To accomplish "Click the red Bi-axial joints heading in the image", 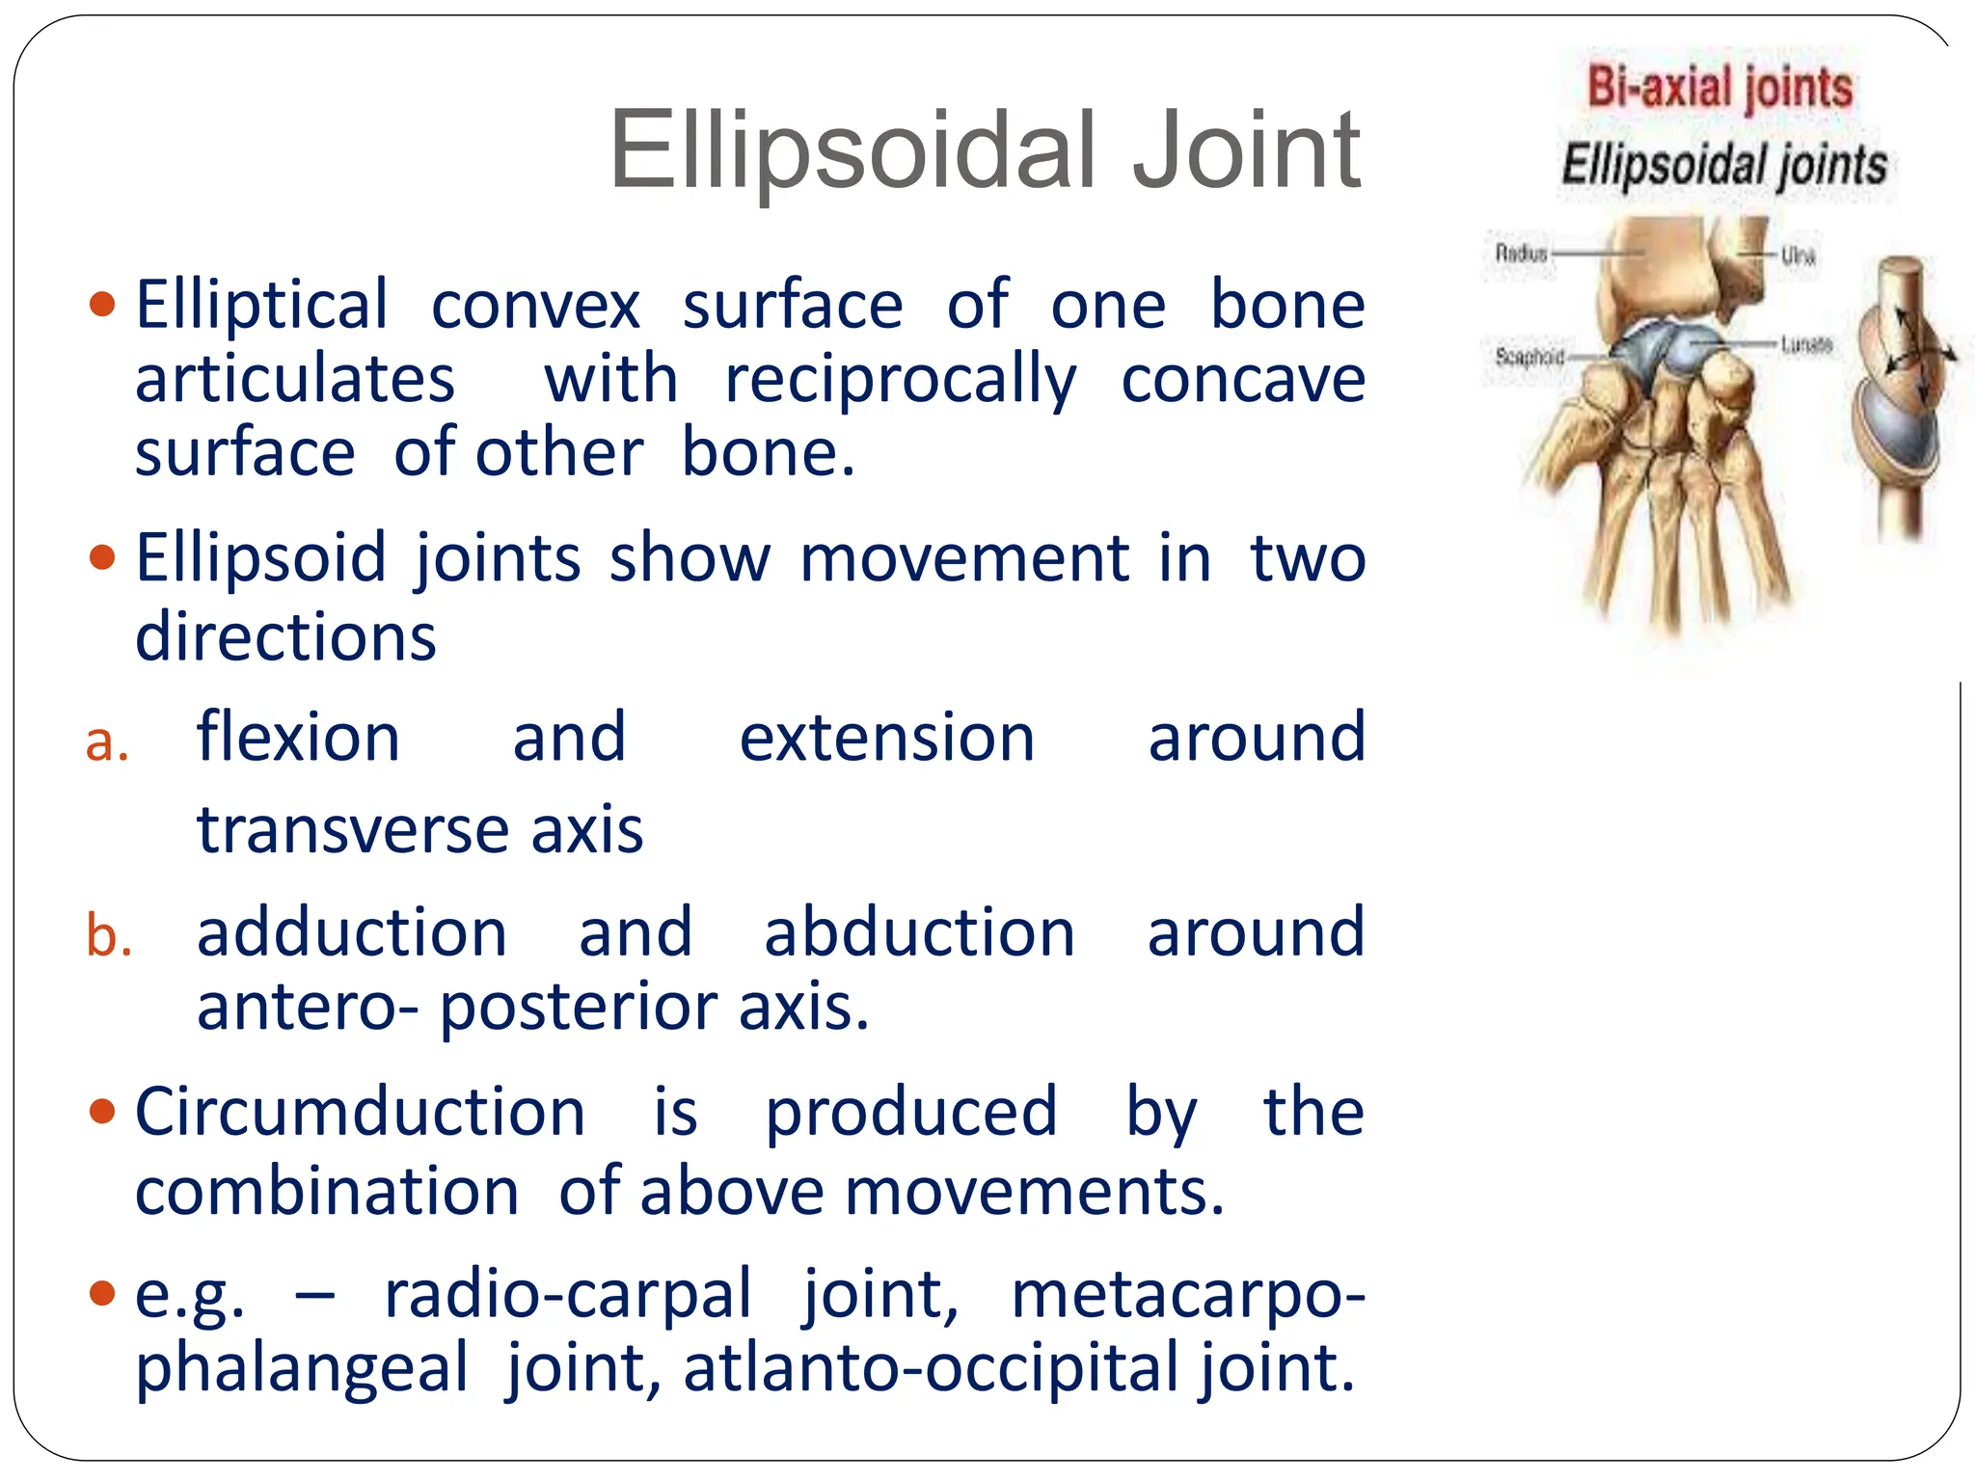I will (1719, 88).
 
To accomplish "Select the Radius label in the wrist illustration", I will (1521, 254).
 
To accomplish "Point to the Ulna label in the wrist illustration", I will (1798, 256).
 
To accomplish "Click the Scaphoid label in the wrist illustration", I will (1529, 357).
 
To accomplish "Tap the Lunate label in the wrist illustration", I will (1805, 344).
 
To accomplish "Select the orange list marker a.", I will (107, 742).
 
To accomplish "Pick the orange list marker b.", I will (109, 936).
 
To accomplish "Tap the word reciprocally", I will (900, 380).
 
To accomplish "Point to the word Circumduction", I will (360, 1113).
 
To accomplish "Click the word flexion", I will (298, 739).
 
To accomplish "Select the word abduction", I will (919, 933).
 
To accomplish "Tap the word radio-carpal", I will (567, 1295).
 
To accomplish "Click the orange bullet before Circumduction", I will (101, 1112).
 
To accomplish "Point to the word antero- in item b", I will (308, 1009).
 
